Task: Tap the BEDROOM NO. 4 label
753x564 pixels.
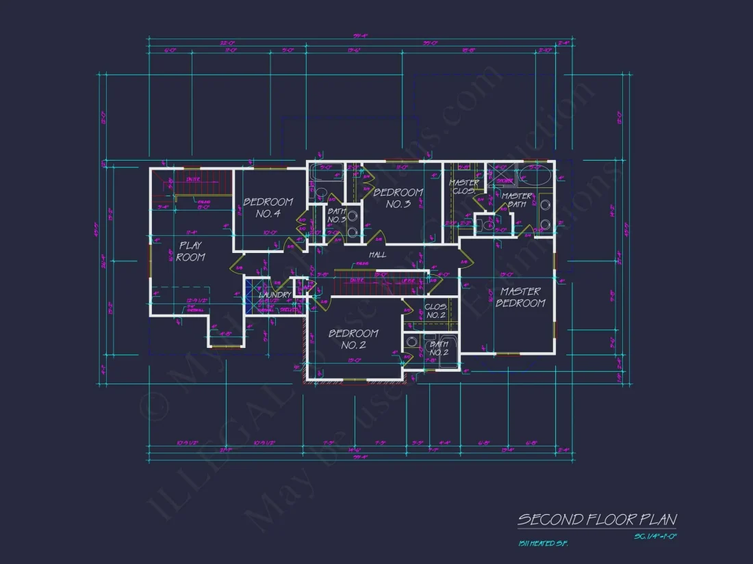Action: coord(268,207)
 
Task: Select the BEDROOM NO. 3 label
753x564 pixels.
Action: coord(397,198)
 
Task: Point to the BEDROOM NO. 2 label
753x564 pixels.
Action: coord(353,339)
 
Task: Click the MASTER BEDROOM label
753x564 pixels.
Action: coord(520,297)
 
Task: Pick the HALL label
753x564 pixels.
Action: coord(377,254)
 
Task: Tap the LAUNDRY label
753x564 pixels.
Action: coord(275,295)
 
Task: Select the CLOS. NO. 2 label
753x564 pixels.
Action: coord(435,311)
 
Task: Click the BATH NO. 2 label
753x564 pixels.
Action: coord(439,348)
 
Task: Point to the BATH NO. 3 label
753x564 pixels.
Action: coord(337,215)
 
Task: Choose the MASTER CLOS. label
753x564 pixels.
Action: coord(463,187)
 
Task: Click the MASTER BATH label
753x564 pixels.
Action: coord(517,200)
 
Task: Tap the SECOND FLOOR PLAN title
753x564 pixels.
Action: coord(596,520)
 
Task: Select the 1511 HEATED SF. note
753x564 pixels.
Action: coord(543,543)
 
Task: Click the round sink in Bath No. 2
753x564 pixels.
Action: coord(413,342)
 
